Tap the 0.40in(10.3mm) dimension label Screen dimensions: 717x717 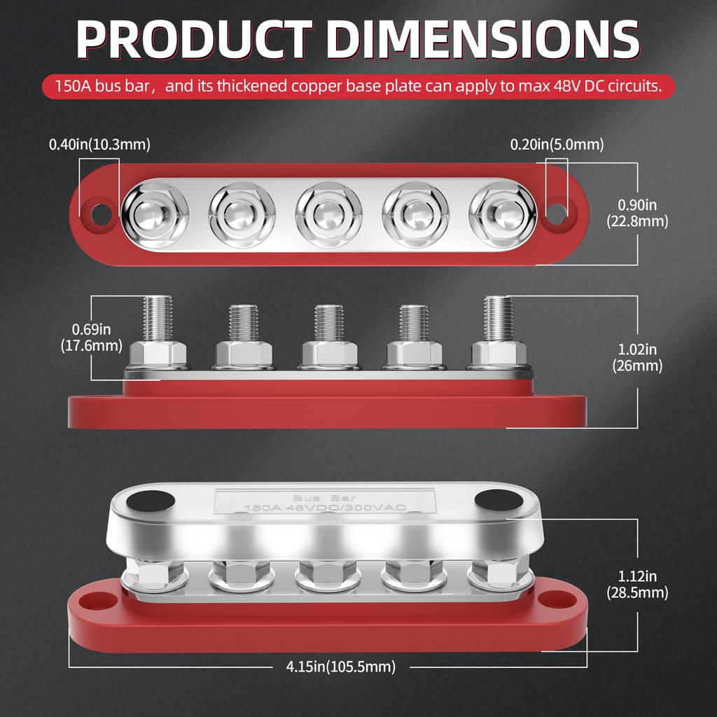click(99, 144)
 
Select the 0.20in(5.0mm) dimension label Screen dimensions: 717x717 click(557, 145)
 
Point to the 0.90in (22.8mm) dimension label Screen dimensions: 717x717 click(637, 213)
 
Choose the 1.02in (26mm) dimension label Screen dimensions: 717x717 click(637, 357)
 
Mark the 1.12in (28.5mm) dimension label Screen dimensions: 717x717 click(637, 585)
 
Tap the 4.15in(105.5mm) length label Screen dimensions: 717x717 click(340, 667)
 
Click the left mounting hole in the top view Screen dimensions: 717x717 click(102, 214)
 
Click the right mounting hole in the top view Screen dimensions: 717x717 click(556, 214)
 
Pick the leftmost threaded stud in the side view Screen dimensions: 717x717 click(156, 319)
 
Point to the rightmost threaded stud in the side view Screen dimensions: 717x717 click(498, 319)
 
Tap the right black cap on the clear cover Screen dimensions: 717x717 click(498, 500)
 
